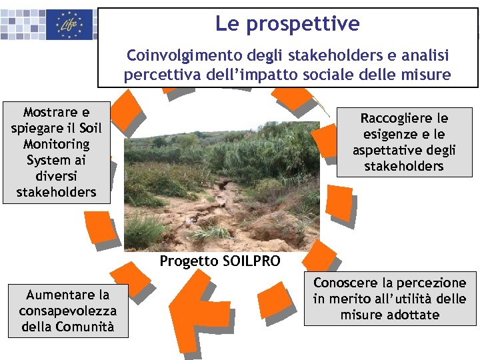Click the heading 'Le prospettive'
pyautogui.click(x=287, y=25)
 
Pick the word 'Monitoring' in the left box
pyautogui.click(x=56, y=144)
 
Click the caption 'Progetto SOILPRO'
pyautogui.click(x=220, y=261)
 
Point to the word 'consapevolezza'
pyautogui.click(x=67, y=311)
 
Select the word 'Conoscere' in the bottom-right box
pyautogui.click(x=347, y=283)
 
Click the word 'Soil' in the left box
pyautogui.click(x=90, y=128)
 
